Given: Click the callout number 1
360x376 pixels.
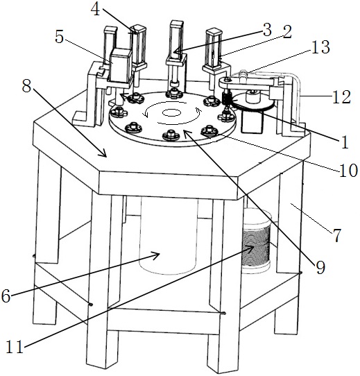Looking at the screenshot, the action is pos(345,143).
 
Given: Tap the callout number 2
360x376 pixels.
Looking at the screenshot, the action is pos(286,32).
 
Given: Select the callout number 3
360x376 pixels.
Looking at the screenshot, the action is pos(267,30).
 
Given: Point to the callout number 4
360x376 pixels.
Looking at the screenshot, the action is pos(96,9).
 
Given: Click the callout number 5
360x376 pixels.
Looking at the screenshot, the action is pos(59,37).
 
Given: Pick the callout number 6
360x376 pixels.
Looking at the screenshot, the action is pos(6,296).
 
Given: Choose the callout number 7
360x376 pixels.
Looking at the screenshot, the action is pos(336,235).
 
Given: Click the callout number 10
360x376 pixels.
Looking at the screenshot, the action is pos(348,171).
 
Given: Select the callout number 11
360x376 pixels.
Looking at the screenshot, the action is pos(15,346).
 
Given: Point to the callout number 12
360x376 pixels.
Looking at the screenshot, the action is pos(341,97).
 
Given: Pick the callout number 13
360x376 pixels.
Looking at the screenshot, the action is pos(320,46).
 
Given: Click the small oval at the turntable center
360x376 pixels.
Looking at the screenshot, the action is pos(171,112).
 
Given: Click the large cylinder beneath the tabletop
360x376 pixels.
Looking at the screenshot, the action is pos(169,236).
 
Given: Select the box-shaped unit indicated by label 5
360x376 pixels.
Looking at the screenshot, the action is pos(121,65).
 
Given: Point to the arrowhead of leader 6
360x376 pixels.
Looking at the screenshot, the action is pos(156,255).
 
